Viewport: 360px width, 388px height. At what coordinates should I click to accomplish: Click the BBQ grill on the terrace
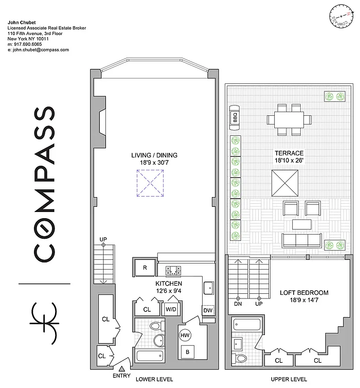[235, 118]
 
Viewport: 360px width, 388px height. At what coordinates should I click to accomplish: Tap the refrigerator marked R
[145, 267]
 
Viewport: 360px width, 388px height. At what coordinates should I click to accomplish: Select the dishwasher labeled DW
[208, 310]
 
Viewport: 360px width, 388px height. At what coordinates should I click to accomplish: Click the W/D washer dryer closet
[171, 309]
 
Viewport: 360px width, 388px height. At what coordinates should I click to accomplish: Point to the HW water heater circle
[185, 336]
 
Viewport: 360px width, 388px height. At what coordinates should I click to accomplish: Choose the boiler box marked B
[187, 351]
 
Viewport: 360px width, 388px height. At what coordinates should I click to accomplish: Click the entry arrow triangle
[121, 369]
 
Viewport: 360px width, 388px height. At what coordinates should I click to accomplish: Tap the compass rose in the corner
[341, 16]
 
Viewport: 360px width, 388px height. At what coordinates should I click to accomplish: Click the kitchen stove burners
[173, 271]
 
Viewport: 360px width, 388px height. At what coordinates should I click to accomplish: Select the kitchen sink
[209, 288]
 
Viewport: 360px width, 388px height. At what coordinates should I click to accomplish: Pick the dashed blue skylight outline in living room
[150, 183]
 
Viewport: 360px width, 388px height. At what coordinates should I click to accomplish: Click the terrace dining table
[289, 120]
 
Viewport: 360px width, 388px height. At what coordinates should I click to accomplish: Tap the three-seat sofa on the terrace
[302, 240]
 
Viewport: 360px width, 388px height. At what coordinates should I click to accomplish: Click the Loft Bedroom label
[304, 293]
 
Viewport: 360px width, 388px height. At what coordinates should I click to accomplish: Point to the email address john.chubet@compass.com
[38, 50]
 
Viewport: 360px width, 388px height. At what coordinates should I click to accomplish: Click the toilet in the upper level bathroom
[239, 358]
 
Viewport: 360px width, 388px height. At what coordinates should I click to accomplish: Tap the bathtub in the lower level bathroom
[150, 356]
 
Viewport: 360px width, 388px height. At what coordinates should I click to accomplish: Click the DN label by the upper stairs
[238, 304]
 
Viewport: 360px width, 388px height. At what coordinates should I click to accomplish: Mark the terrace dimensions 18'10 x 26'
[289, 161]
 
